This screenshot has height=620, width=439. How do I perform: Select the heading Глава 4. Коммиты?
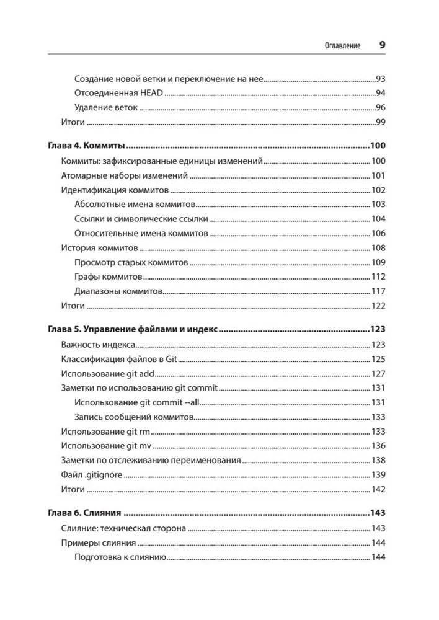87,146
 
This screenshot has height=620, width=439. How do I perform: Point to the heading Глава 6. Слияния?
84,513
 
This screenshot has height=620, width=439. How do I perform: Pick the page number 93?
381,79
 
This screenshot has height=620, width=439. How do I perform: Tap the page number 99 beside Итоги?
381,122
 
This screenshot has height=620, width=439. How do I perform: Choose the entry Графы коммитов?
109,276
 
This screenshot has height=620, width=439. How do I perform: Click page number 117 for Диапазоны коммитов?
378,291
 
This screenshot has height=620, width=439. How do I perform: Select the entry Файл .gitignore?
91,475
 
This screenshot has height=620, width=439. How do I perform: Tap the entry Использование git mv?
106,446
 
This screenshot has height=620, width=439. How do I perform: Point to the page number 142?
378,489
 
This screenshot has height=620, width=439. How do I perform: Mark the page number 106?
378,233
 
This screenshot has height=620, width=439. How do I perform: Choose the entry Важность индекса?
98,345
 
